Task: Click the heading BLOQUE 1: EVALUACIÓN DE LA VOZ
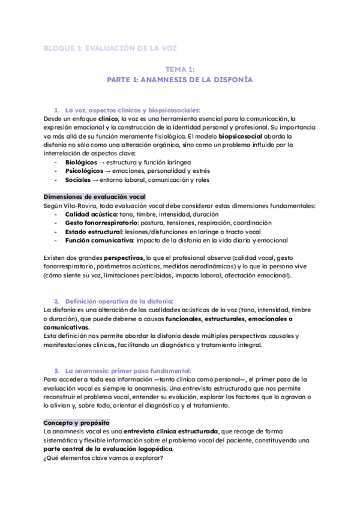pyautogui.click(x=110, y=47)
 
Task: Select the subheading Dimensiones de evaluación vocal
pyautogui.click(x=95, y=197)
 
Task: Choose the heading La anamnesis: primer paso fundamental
pyautogui.click(x=128, y=370)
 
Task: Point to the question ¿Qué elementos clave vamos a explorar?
pyautogui.click(x=103, y=457)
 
